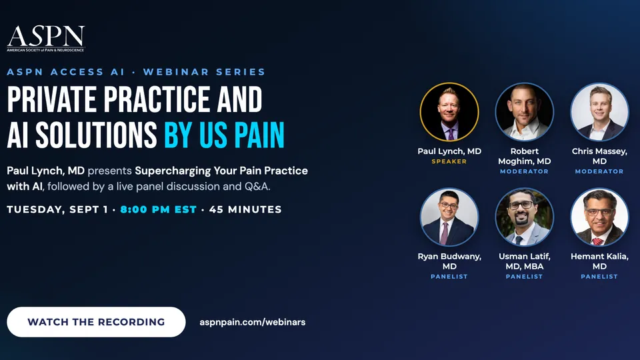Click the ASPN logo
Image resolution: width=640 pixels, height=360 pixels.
(x=46, y=39)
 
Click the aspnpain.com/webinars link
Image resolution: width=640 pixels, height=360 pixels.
(x=252, y=322)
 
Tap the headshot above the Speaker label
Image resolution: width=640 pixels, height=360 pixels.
(x=449, y=112)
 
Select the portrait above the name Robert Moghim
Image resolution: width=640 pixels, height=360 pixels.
(x=525, y=112)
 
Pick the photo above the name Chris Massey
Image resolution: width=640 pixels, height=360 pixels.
(x=599, y=112)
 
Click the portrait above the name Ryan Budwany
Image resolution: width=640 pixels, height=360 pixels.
(x=449, y=217)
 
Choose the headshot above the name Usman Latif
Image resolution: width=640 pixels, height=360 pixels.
(x=525, y=217)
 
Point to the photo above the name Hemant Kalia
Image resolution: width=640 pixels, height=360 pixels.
(x=599, y=217)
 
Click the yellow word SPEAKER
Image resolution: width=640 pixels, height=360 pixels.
(x=449, y=161)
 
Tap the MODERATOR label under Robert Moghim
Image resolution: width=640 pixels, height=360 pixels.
(x=525, y=171)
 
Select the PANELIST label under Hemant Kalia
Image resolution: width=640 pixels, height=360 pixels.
(x=599, y=277)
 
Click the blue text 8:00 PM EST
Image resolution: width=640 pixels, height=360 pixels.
(x=159, y=209)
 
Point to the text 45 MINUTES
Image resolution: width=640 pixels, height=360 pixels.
(x=245, y=209)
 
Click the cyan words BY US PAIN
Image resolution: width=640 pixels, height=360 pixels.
(x=224, y=135)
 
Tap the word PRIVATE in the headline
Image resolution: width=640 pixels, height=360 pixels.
(x=52, y=99)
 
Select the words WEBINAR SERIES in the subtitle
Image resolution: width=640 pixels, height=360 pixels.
(x=204, y=72)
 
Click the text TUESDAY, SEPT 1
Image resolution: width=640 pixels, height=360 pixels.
(x=57, y=210)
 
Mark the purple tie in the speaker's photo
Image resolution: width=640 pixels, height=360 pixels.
(x=451, y=133)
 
